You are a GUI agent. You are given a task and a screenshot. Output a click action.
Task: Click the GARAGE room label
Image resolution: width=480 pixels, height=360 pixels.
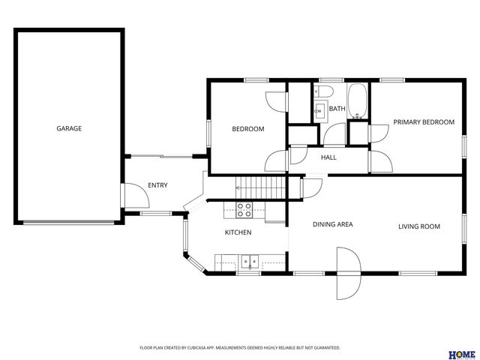pyautogui.click(x=69, y=128)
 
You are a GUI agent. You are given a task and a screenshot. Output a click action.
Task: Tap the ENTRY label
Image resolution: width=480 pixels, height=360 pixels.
pyautogui.click(x=157, y=185)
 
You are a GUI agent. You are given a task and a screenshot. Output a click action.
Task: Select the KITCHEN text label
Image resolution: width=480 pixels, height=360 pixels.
pyautogui.click(x=238, y=232)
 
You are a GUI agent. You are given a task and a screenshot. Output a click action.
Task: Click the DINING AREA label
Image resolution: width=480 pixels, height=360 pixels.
pyautogui.click(x=332, y=224)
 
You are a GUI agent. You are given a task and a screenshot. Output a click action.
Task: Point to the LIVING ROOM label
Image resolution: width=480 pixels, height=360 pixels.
pyautogui.click(x=418, y=226)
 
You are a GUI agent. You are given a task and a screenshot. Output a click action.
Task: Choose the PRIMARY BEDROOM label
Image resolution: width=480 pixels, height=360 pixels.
pyautogui.click(x=424, y=122)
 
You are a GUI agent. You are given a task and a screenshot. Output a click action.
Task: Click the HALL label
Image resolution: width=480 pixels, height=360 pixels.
pyautogui.click(x=328, y=157)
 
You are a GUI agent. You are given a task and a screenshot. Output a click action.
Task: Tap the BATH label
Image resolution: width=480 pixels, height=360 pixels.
pyautogui.click(x=337, y=109)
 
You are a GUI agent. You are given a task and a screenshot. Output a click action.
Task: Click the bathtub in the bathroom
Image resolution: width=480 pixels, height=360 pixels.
pyautogui.click(x=358, y=100)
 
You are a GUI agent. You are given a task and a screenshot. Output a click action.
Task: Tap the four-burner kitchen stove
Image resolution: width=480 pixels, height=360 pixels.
pyautogui.click(x=245, y=209)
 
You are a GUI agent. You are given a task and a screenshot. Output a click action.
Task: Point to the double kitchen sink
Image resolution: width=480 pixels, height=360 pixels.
pyautogui.click(x=249, y=262)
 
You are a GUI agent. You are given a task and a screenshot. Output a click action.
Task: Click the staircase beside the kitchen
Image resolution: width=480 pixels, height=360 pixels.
pyautogui.click(x=260, y=185)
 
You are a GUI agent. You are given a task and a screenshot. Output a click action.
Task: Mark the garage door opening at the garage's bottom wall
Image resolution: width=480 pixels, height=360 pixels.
pyautogui.click(x=70, y=222)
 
